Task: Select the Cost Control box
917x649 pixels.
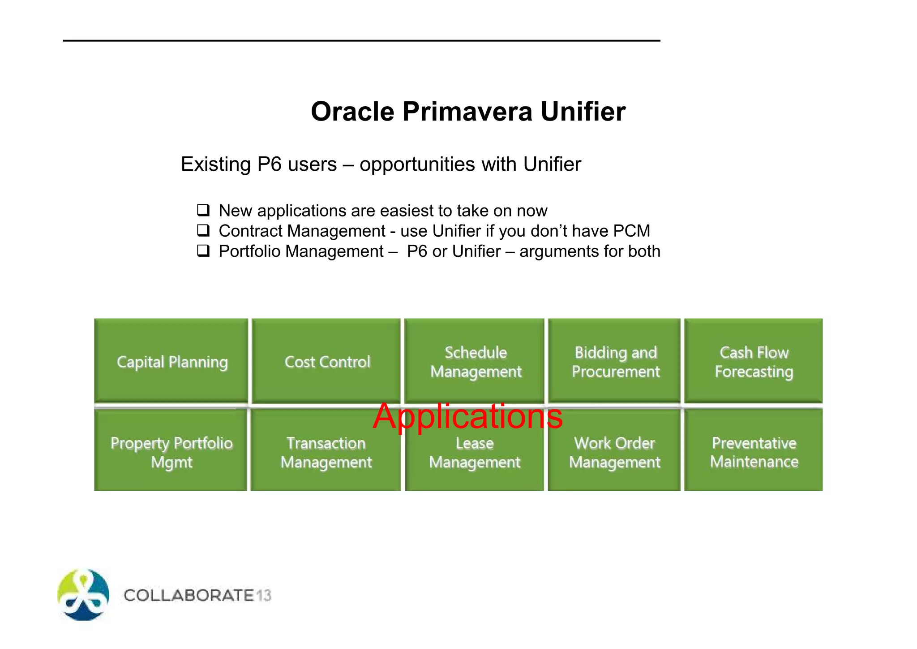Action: point(326,361)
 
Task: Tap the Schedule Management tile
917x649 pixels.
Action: point(475,361)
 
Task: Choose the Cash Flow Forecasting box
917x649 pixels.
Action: point(754,361)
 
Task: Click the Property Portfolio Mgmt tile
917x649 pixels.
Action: point(171,452)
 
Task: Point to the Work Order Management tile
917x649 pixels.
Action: point(614,452)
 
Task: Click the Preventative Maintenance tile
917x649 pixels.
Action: point(754,452)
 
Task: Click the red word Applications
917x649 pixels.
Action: point(467,416)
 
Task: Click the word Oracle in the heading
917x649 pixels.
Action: point(352,111)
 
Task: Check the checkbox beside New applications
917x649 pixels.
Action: point(203,210)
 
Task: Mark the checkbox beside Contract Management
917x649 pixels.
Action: point(203,230)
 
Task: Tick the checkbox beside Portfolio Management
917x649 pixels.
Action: point(203,251)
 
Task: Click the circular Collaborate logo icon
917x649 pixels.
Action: point(83,595)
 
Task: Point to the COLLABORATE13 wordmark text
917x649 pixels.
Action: point(197,595)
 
